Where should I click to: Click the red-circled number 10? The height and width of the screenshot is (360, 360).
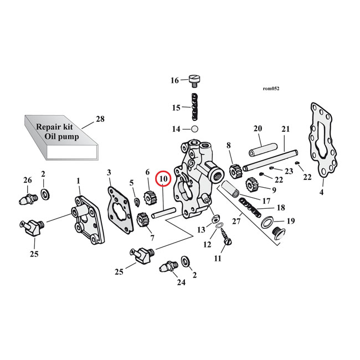point(163,179)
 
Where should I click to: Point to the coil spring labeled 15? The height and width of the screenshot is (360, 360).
point(194,107)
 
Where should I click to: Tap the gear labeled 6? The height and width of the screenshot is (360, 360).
point(148,196)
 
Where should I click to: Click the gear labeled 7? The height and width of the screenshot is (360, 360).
point(142,222)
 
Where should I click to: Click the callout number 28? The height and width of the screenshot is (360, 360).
point(100,119)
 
